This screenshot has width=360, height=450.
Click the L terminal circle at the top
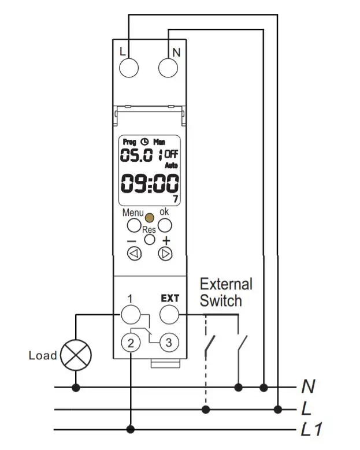tap(129, 67)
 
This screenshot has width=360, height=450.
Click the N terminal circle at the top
tap(168, 67)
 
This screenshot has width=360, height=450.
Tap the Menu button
tap(133, 225)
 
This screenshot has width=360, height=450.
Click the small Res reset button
tap(150, 239)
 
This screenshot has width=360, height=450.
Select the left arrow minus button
tap(134, 253)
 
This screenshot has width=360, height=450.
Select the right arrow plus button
tap(165, 253)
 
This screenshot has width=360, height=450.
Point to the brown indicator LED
tap(149, 218)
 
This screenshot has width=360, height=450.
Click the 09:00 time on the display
tap(149, 184)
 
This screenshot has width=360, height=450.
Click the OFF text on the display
tap(172, 154)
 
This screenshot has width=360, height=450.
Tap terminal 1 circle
tap(130, 314)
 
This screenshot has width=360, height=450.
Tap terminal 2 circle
tap(132, 343)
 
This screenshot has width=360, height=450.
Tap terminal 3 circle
tap(168, 342)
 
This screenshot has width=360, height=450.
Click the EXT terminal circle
tap(169, 314)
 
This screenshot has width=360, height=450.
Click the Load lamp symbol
tap(75, 355)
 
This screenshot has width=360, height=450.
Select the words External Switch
tap(225, 292)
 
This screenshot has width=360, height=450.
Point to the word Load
tap(43, 355)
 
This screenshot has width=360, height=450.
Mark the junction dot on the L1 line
tap(132, 429)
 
